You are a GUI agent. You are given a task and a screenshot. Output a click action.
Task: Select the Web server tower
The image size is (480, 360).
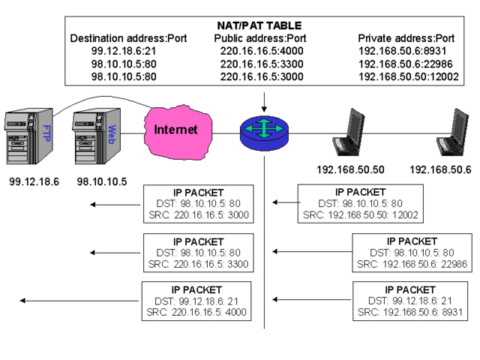91,138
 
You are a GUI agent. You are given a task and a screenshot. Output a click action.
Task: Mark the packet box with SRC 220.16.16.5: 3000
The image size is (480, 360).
199,203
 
